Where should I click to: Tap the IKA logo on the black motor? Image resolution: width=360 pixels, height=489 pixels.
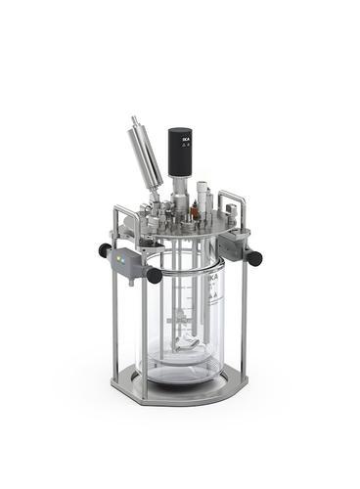[185, 143]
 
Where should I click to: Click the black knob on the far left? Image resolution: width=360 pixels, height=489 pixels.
[105, 250]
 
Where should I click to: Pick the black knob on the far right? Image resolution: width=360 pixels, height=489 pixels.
[255, 258]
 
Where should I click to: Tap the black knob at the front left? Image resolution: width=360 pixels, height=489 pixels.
[154, 276]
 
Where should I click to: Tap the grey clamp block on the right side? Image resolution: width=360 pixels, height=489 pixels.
[236, 244]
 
